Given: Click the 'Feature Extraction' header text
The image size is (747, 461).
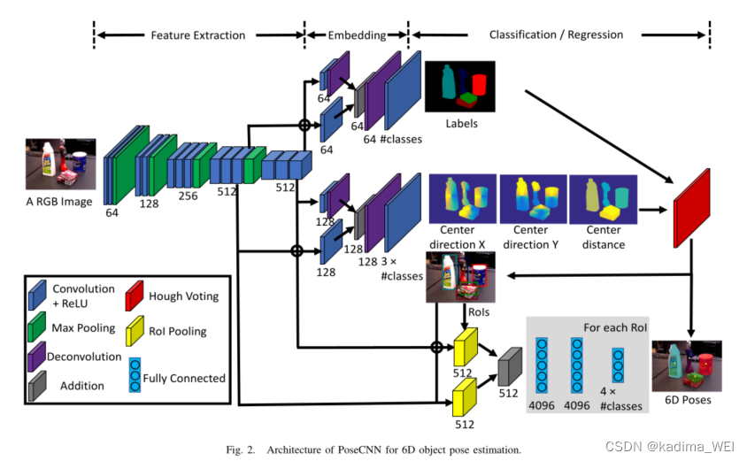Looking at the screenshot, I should pyautogui.click(x=197, y=35).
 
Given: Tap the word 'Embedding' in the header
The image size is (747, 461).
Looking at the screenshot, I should pyautogui.click(x=357, y=35).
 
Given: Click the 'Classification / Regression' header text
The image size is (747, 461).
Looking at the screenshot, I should pyautogui.click(x=556, y=35).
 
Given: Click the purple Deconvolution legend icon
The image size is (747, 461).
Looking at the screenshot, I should pyautogui.click(x=37, y=357).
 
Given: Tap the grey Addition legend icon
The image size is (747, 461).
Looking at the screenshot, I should pyautogui.click(x=37, y=386).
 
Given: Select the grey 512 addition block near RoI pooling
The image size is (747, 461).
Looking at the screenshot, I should pyautogui.click(x=508, y=365).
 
